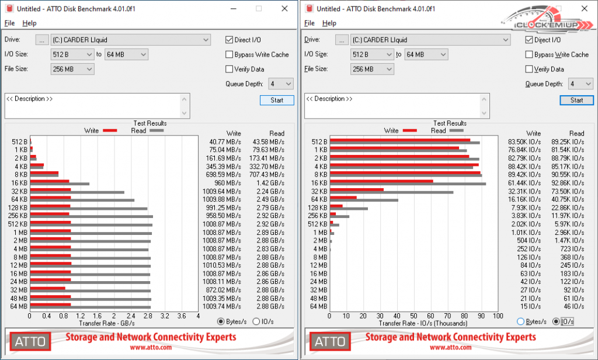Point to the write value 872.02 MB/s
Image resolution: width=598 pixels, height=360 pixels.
point(221,290)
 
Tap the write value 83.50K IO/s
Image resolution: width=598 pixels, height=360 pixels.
point(524,142)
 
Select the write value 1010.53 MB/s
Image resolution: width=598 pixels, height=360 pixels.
point(221,265)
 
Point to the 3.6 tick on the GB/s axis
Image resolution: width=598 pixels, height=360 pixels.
point(182,316)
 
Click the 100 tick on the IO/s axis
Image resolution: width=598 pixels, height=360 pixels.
point(498,316)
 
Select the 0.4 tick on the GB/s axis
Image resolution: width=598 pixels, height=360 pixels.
point(47,316)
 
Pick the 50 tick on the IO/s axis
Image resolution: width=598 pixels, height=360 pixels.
point(414,316)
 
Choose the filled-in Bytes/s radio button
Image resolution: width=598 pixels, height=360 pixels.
point(221,321)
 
